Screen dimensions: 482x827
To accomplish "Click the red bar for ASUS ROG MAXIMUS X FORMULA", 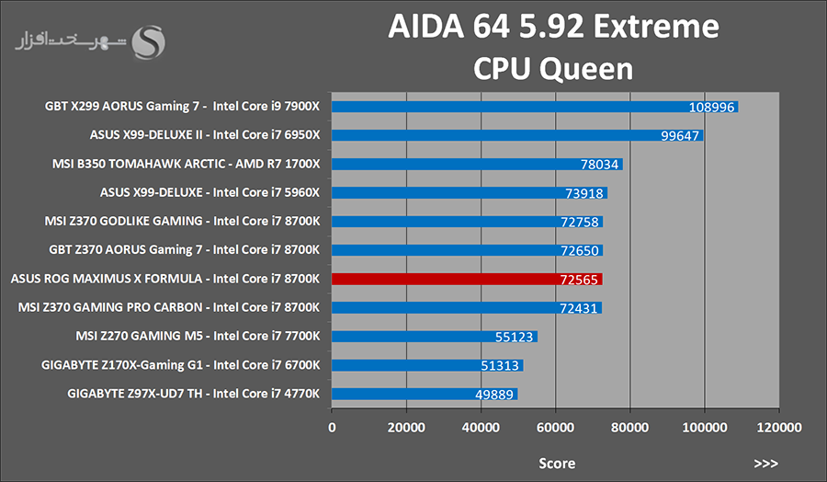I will [467, 279].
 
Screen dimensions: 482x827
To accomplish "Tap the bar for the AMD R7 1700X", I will [477, 165].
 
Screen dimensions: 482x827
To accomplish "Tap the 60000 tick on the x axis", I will [555, 428].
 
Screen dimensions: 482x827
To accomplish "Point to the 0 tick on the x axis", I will [332, 428].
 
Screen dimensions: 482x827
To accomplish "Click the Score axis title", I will [557, 463].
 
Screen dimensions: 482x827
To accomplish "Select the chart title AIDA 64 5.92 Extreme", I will [553, 29].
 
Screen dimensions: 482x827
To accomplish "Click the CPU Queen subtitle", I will [553, 69].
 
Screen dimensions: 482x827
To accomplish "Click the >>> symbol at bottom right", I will [765, 463].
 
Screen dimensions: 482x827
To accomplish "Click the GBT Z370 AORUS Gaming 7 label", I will [182, 250].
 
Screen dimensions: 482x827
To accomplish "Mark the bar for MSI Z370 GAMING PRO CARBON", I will [467, 307].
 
